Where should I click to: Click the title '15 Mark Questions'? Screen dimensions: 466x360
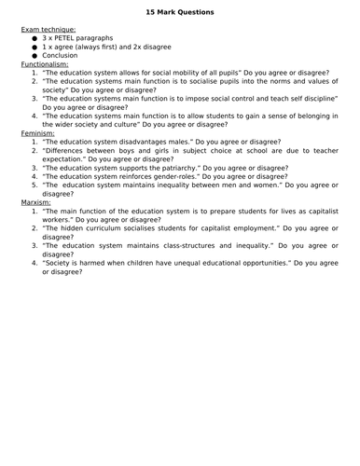[180, 12]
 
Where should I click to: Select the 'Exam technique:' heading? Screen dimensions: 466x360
[49, 30]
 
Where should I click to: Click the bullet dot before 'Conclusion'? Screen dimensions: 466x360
[35, 55]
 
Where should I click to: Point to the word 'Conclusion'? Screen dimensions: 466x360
[61, 55]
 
